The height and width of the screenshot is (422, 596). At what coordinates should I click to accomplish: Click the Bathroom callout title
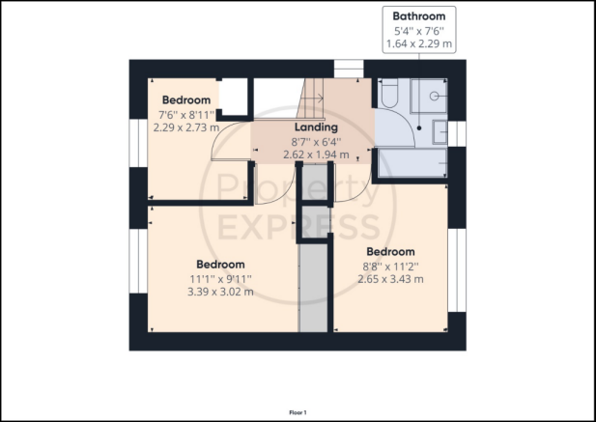click(x=419, y=16)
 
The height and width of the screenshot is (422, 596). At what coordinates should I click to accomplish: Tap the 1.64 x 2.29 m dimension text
click(x=419, y=43)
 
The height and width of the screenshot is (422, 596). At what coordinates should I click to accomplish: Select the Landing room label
click(x=316, y=127)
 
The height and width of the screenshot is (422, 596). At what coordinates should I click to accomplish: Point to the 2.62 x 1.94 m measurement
click(x=316, y=155)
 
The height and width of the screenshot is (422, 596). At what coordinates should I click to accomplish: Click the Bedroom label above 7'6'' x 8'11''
click(x=186, y=99)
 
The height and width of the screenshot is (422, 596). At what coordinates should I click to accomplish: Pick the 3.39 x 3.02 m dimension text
click(x=220, y=292)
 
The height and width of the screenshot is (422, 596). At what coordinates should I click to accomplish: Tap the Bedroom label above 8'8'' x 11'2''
click(x=390, y=252)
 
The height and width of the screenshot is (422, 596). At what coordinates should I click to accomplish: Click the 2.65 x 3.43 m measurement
click(x=390, y=279)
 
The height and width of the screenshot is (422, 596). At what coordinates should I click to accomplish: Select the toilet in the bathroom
click(x=389, y=93)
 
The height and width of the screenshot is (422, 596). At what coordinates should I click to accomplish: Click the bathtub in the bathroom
click(x=412, y=162)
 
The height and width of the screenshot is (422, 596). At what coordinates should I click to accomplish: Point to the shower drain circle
click(x=434, y=97)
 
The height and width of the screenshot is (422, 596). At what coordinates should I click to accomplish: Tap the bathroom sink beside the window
click(x=440, y=132)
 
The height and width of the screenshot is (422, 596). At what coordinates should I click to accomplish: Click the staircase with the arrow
click(x=310, y=98)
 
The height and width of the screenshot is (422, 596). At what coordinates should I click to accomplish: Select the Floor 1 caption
click(x=298, y=412)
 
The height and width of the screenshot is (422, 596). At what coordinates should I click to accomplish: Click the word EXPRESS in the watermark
click(x=298, y=227)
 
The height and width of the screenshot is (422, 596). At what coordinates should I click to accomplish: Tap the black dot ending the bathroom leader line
click(x=419, y=128)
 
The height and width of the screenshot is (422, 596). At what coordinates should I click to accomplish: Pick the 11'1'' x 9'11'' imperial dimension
click(x=220, y=279)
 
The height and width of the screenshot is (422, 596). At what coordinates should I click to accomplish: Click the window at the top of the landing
click(x=349, y=69)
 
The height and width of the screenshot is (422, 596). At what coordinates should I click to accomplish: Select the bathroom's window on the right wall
click(x=457, y=133)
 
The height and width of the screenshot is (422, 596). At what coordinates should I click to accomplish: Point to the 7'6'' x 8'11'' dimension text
click(x=186, y=114)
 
